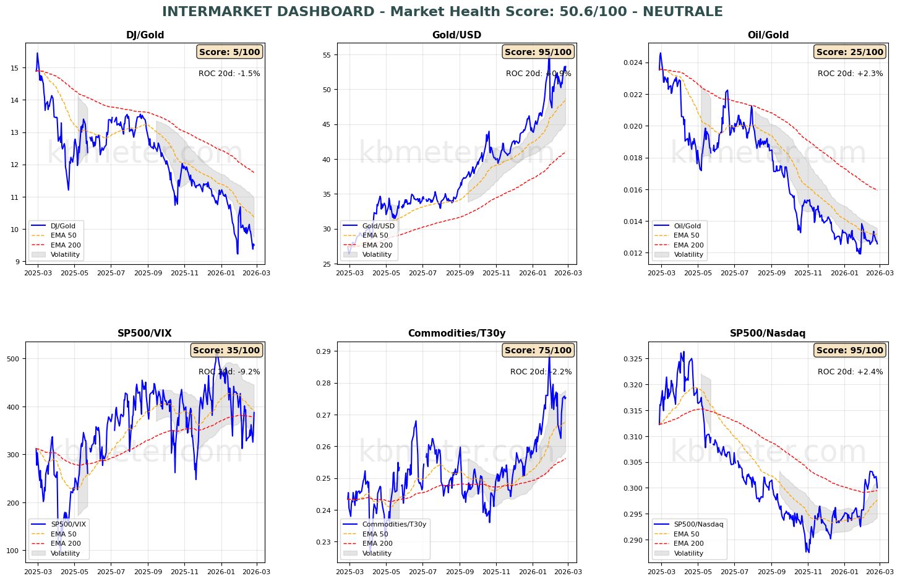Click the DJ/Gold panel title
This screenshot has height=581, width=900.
point(145,35)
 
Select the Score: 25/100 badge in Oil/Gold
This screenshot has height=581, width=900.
point(850,52)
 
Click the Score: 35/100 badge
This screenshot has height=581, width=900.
point(226,350)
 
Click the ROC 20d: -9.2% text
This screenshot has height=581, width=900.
point(229,372)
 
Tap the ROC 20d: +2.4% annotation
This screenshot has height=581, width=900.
point(850,372)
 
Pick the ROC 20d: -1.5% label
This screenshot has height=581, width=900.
point(229,74)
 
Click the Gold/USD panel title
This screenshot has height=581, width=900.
point(456,35)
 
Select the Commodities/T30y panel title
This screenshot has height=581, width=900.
point(456,334)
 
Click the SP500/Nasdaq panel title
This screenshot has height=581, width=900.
point(768,334)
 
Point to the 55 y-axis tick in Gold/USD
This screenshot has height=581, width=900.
point(327,55)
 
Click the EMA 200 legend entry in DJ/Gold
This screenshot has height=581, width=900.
point(65,245)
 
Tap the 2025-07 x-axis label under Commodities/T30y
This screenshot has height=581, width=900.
point(423,572)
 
